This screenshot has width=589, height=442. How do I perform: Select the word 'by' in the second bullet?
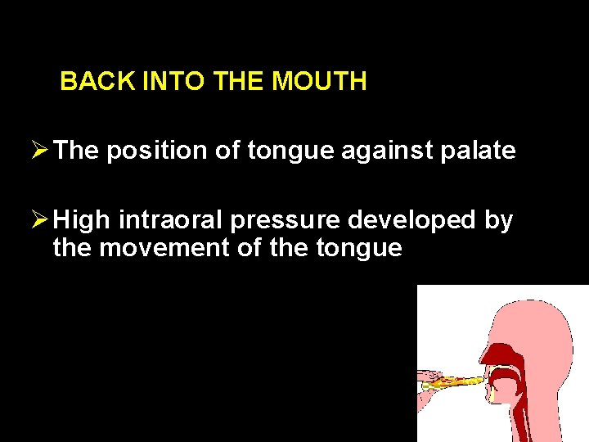[x=498, y=220]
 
